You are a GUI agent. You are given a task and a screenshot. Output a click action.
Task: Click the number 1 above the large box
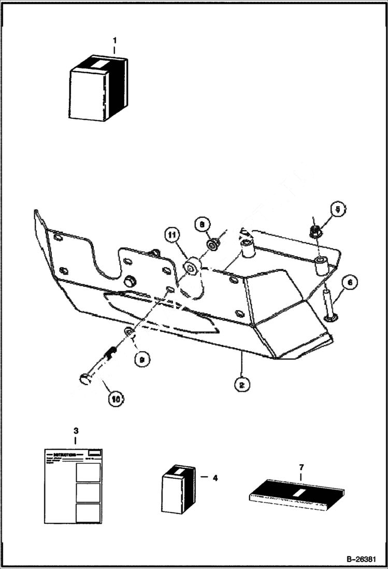[x=114, y=40]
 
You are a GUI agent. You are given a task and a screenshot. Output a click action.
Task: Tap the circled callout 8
[x=202, y=224]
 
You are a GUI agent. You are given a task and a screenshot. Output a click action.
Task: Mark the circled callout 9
[x=140, y=358]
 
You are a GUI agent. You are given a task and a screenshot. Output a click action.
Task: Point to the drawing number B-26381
[x=361, y=560]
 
